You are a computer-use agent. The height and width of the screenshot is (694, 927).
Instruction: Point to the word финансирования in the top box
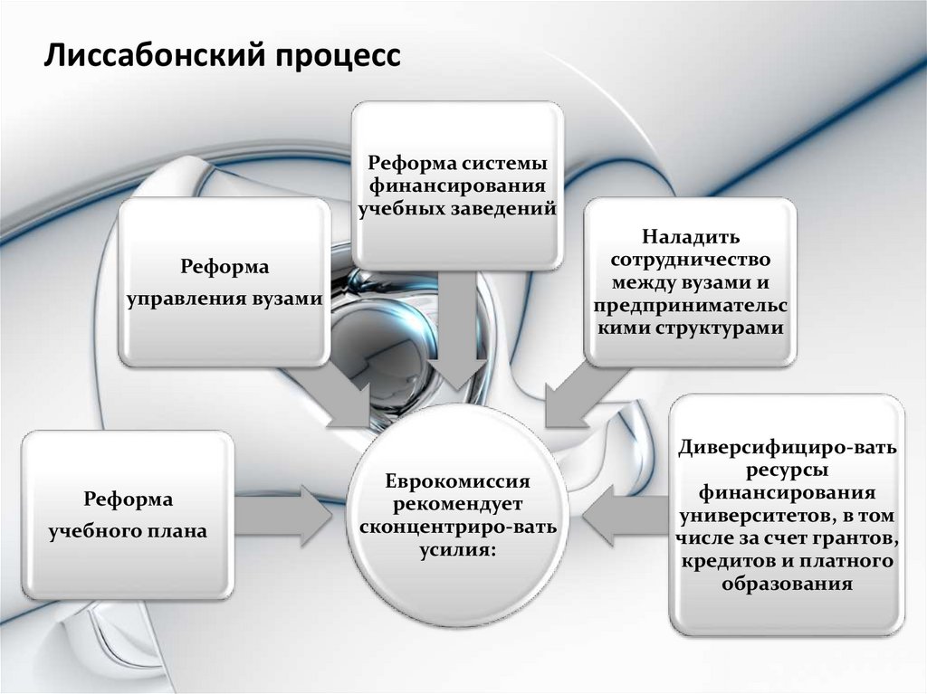455,187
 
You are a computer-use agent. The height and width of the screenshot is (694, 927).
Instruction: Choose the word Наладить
691,238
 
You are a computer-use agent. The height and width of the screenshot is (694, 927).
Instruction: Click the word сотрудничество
691,261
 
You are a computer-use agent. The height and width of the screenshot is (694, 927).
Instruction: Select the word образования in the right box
787,584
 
